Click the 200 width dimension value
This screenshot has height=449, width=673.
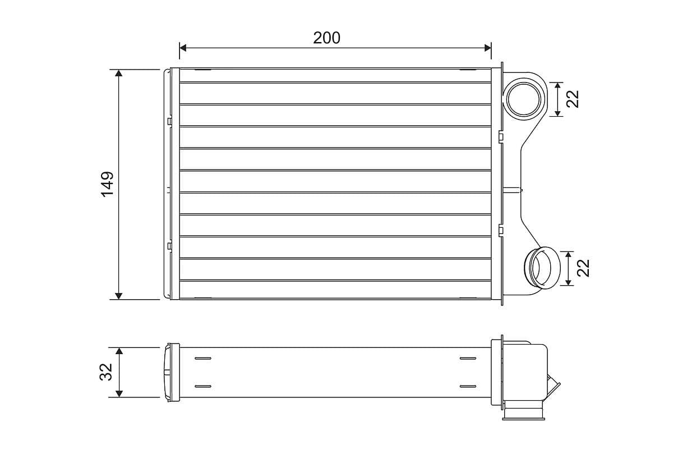click(x=326, y=38)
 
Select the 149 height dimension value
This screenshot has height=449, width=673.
click(x=107, y=184)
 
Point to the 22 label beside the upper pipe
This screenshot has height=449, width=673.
click(x=573, y=99)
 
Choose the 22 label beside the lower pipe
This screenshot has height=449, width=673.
click(x=584, y=268)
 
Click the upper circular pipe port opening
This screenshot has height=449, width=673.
click(x=524, y=99)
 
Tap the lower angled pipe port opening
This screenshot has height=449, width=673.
click(x=542, y=268)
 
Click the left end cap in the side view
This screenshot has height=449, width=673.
click(x=170, y=372)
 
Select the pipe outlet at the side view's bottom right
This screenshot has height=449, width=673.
click(x=524, y=414)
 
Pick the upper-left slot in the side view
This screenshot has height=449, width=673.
click(x=202, y=358)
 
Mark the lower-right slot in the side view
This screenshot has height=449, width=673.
click(x=467, y=386)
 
